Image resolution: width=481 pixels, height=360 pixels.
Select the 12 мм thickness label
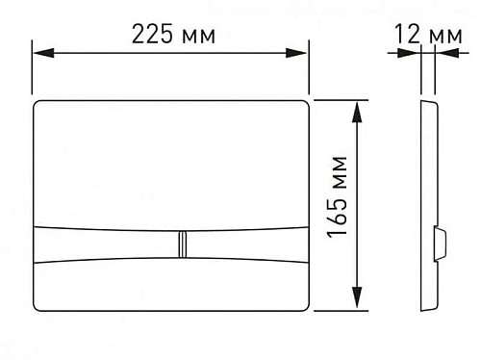coord(428,36)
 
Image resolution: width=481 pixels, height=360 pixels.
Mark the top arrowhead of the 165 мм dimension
coord(359,105)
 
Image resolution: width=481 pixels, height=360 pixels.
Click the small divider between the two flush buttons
coord(180,244)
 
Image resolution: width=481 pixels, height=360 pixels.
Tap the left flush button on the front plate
coord(106,244)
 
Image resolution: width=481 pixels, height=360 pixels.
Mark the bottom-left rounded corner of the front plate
coord(39,309)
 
